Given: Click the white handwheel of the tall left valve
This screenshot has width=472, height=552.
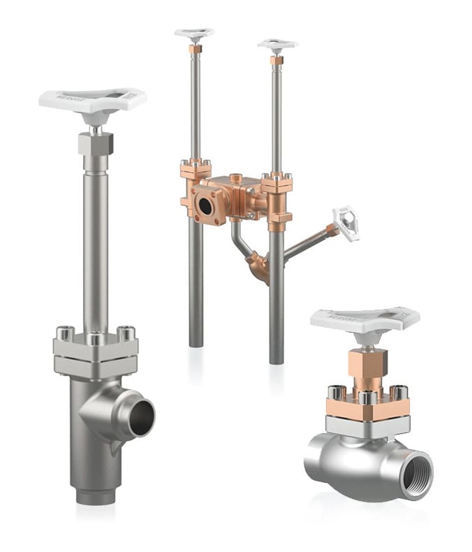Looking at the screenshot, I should (x=92, y=101).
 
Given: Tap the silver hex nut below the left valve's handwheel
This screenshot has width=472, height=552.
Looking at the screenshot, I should (x=95, y=144).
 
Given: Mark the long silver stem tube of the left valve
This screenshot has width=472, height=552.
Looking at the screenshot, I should (x=96, y=245).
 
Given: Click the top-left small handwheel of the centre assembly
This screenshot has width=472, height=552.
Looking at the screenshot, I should (x=194, y=33).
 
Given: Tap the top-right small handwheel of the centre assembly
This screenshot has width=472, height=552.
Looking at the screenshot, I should (x=277, y=45).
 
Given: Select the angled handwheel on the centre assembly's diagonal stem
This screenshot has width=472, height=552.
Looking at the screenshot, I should (x=346, y=221).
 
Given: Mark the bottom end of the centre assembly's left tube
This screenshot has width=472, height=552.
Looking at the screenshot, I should (x=196, y=342).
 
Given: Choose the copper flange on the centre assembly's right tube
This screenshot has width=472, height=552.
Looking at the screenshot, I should (x=277, y=186).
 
